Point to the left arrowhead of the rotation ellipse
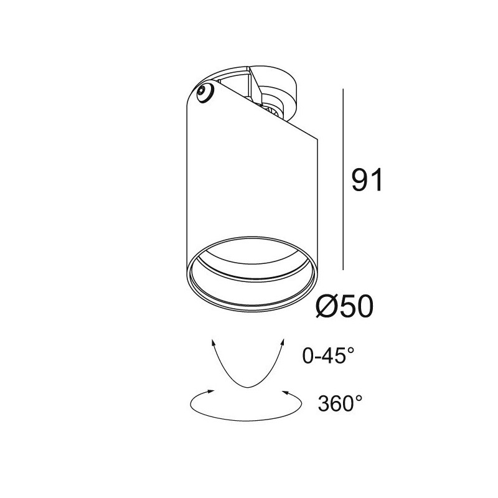pyautogui.click(x=212, y=392)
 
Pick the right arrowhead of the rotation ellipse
pyautogui.click(x=285, y=392)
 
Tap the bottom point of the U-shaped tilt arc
pyautogui.click(x=248, y=387)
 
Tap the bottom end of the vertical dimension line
pyautogui.click(x=344, y=270)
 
